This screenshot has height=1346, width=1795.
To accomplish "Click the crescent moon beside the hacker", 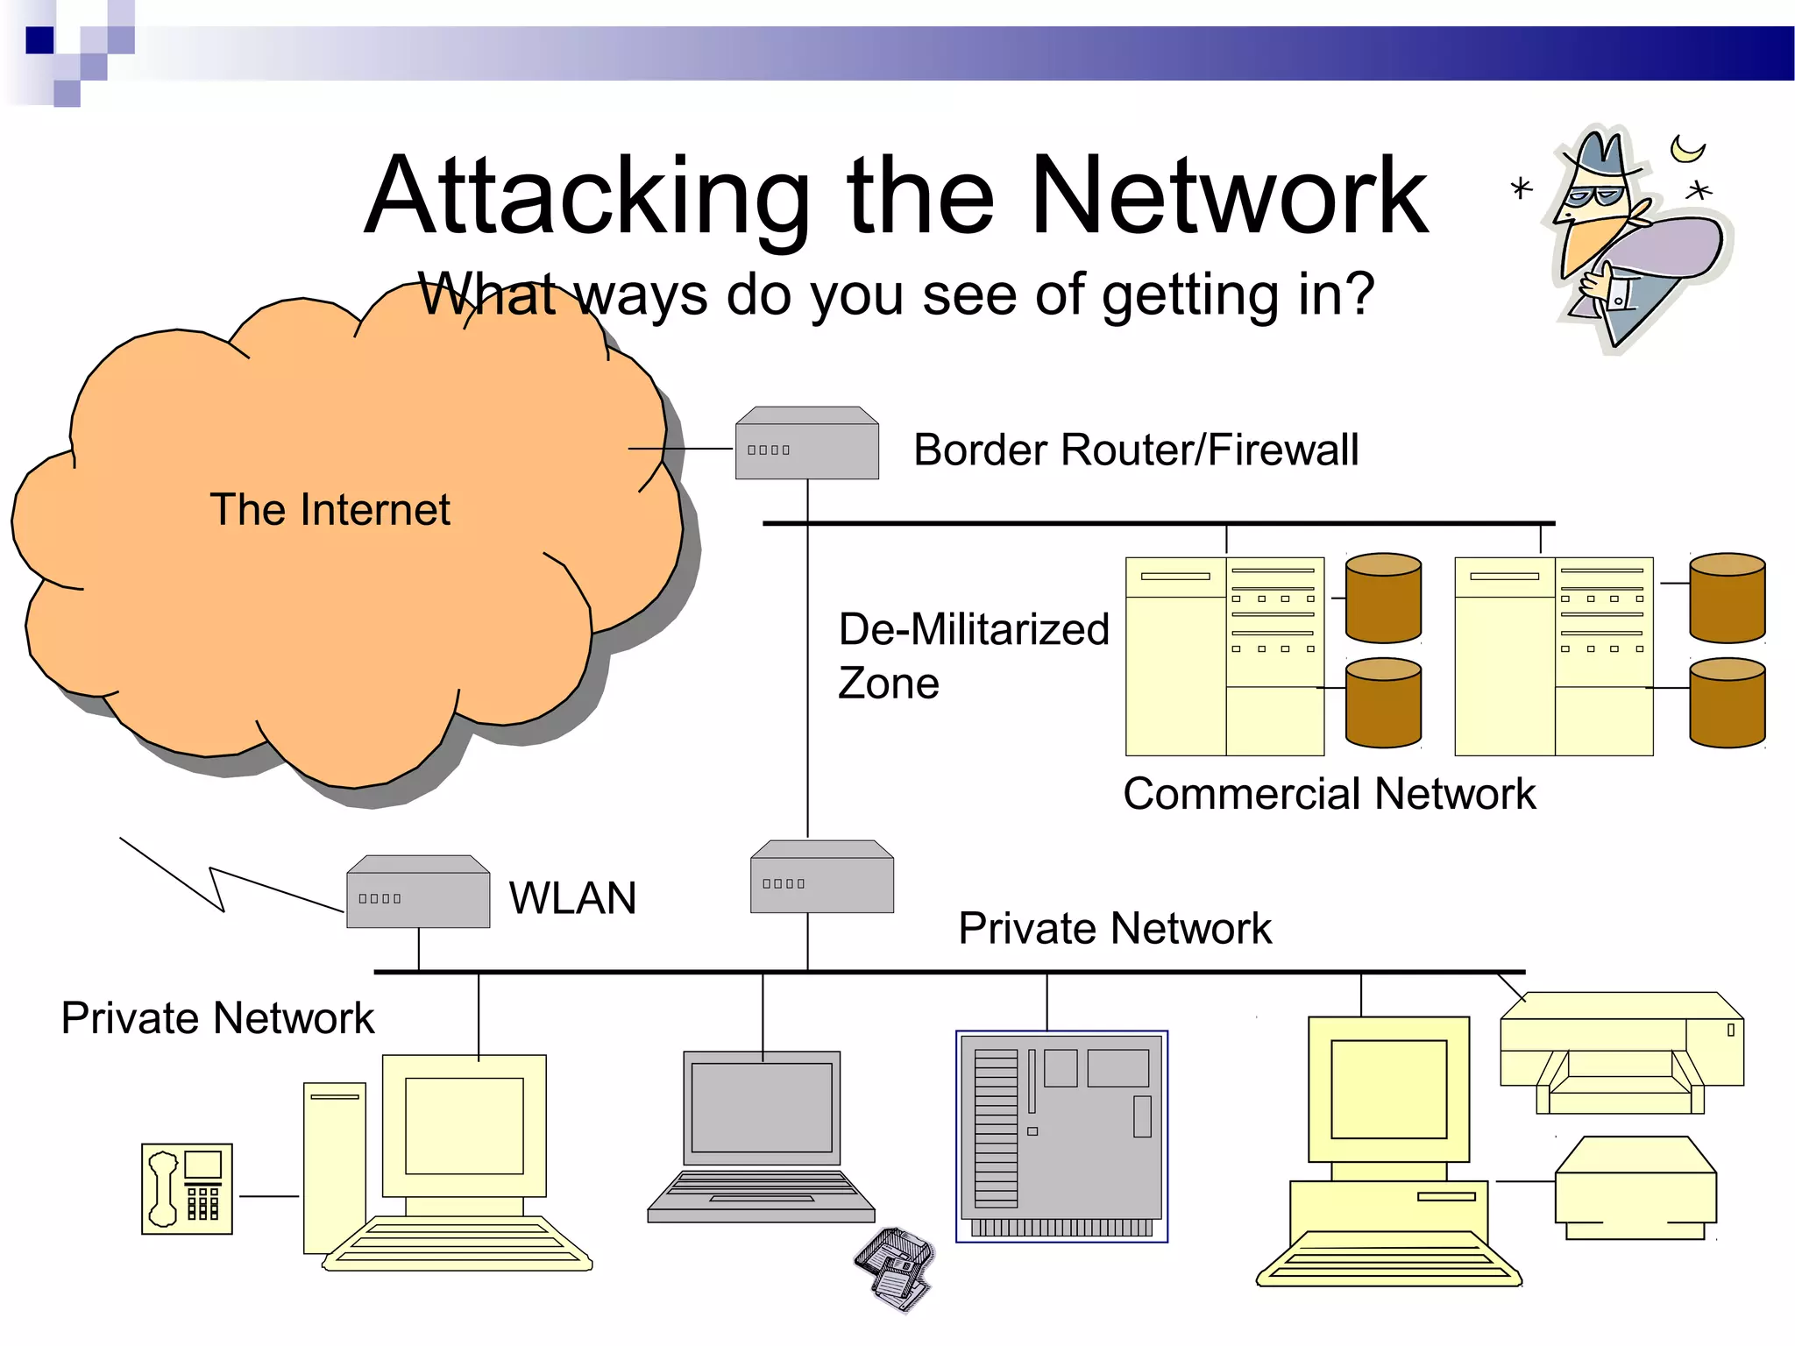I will pyautogui.click(x=1686, y=149).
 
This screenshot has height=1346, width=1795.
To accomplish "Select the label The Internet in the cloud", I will pyautogui.click(x=330, y=510).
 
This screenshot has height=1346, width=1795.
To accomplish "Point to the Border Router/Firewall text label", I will pyautogui.click(x=1136, y=450).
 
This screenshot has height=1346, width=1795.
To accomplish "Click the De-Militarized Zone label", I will pyautogui.click(x=973, y=655).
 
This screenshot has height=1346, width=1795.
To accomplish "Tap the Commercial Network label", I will pyautogui.click(x=1329, y=794).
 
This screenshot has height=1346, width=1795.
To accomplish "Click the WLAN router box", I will pyautogui.click(x=418, y=893).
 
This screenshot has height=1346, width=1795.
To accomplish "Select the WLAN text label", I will pyautogui.click(x=572, y=898).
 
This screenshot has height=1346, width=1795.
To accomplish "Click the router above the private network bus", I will pyautogui.click(x=821, y=878).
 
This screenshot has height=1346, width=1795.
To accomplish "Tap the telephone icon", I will pyautogui.click(x=187, y=1188).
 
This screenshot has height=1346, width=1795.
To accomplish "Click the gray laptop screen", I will pyautogui.click(x=761, y=1108).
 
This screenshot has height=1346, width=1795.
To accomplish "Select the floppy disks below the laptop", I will pyautogui.click(x=894, y=1269).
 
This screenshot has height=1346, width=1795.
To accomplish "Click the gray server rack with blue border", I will pyautogui.click(x=1061, y=1136).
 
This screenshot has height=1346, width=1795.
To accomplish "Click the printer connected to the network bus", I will pyautogui.click(x=1621, y=1052).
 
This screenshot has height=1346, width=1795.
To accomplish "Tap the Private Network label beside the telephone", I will pyautogui.click(x=217, y=1018).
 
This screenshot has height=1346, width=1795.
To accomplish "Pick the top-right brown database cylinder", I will pyautogui.click(x=1727, y=598).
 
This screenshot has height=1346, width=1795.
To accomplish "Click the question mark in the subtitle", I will pyautogui.click(x=1357, y=294).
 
